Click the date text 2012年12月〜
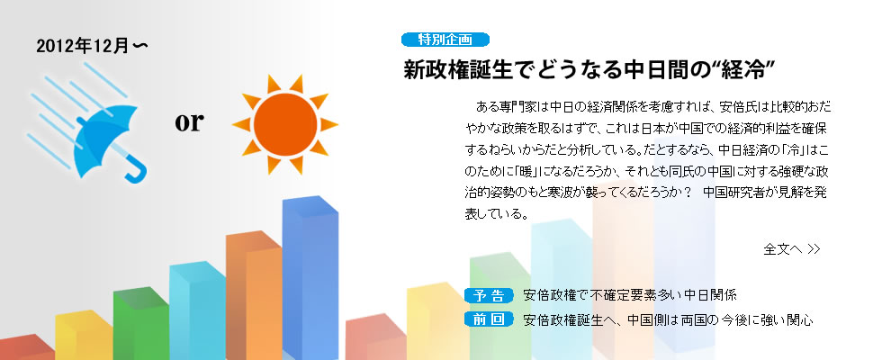[92, 47]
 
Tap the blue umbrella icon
[107, 142]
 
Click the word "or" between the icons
[188, 123]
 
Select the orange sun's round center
[285, 125]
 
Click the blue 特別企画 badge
[445, 40]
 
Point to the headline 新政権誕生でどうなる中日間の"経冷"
[589, 71]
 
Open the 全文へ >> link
[791, 248]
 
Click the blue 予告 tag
[488, 295]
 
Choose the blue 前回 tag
[488, 319]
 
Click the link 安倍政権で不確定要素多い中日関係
[629, 295]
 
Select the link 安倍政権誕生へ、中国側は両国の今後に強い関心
[668, 320]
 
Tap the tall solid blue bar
[310, 278]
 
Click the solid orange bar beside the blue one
[254, 295]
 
